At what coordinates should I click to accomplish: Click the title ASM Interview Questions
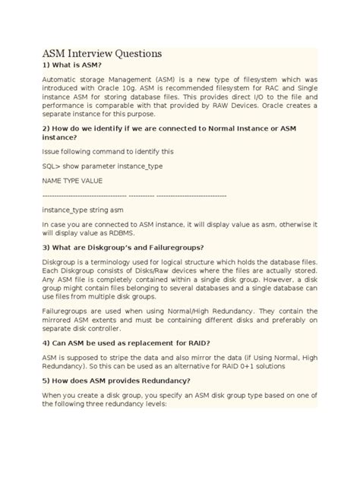point(102,54)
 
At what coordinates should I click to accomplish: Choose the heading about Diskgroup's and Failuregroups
point(122,247)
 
